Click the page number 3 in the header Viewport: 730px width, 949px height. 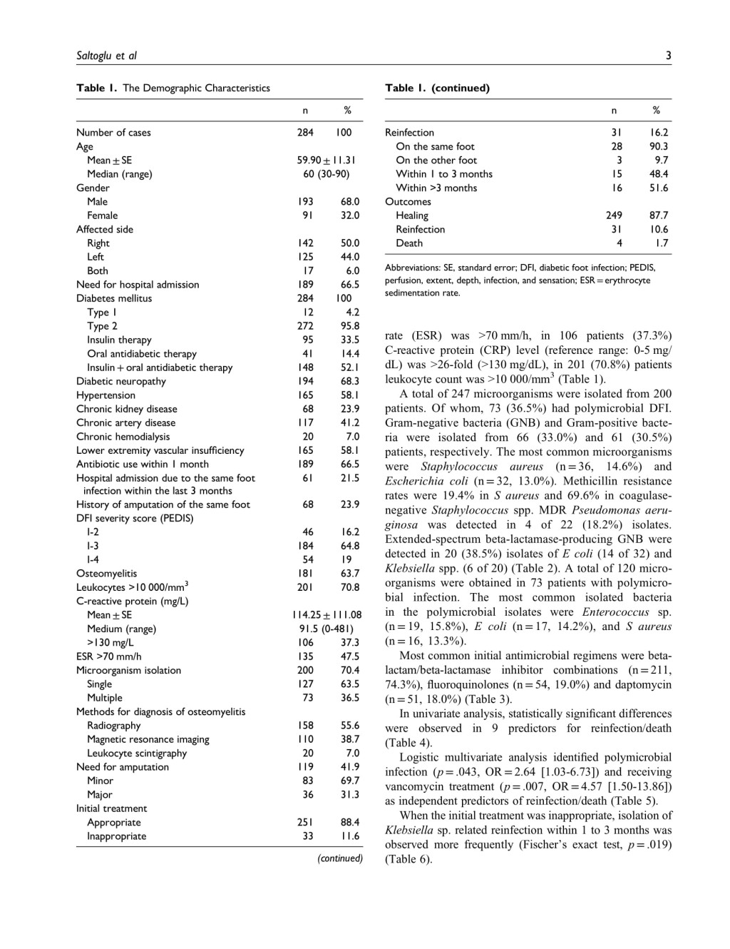point(668,56)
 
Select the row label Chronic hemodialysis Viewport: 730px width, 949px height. point(123,437)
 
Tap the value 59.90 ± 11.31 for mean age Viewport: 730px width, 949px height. point(326,161)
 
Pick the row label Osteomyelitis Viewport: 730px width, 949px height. point(106,574)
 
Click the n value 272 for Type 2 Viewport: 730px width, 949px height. point(305,326)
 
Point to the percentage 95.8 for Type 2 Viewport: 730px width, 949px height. point(350,326)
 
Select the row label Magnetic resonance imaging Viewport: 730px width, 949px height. point(148,739)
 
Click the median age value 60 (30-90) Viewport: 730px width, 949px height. point(326,174)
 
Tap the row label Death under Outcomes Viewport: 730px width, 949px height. point(409,243)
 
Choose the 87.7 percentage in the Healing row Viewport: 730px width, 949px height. point(659,215)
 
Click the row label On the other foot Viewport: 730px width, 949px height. point(436,161)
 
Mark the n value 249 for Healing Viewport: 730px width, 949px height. point(614,215)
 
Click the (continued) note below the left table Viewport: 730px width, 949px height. point(339,858)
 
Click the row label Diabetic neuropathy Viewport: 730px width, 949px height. point(121,382)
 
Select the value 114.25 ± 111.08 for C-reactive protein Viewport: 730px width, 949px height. point(326,615)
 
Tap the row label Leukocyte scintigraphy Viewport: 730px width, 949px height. point(137,753)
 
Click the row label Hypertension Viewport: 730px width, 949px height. point(106,395)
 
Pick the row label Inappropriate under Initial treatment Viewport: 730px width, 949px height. point(116,836)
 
